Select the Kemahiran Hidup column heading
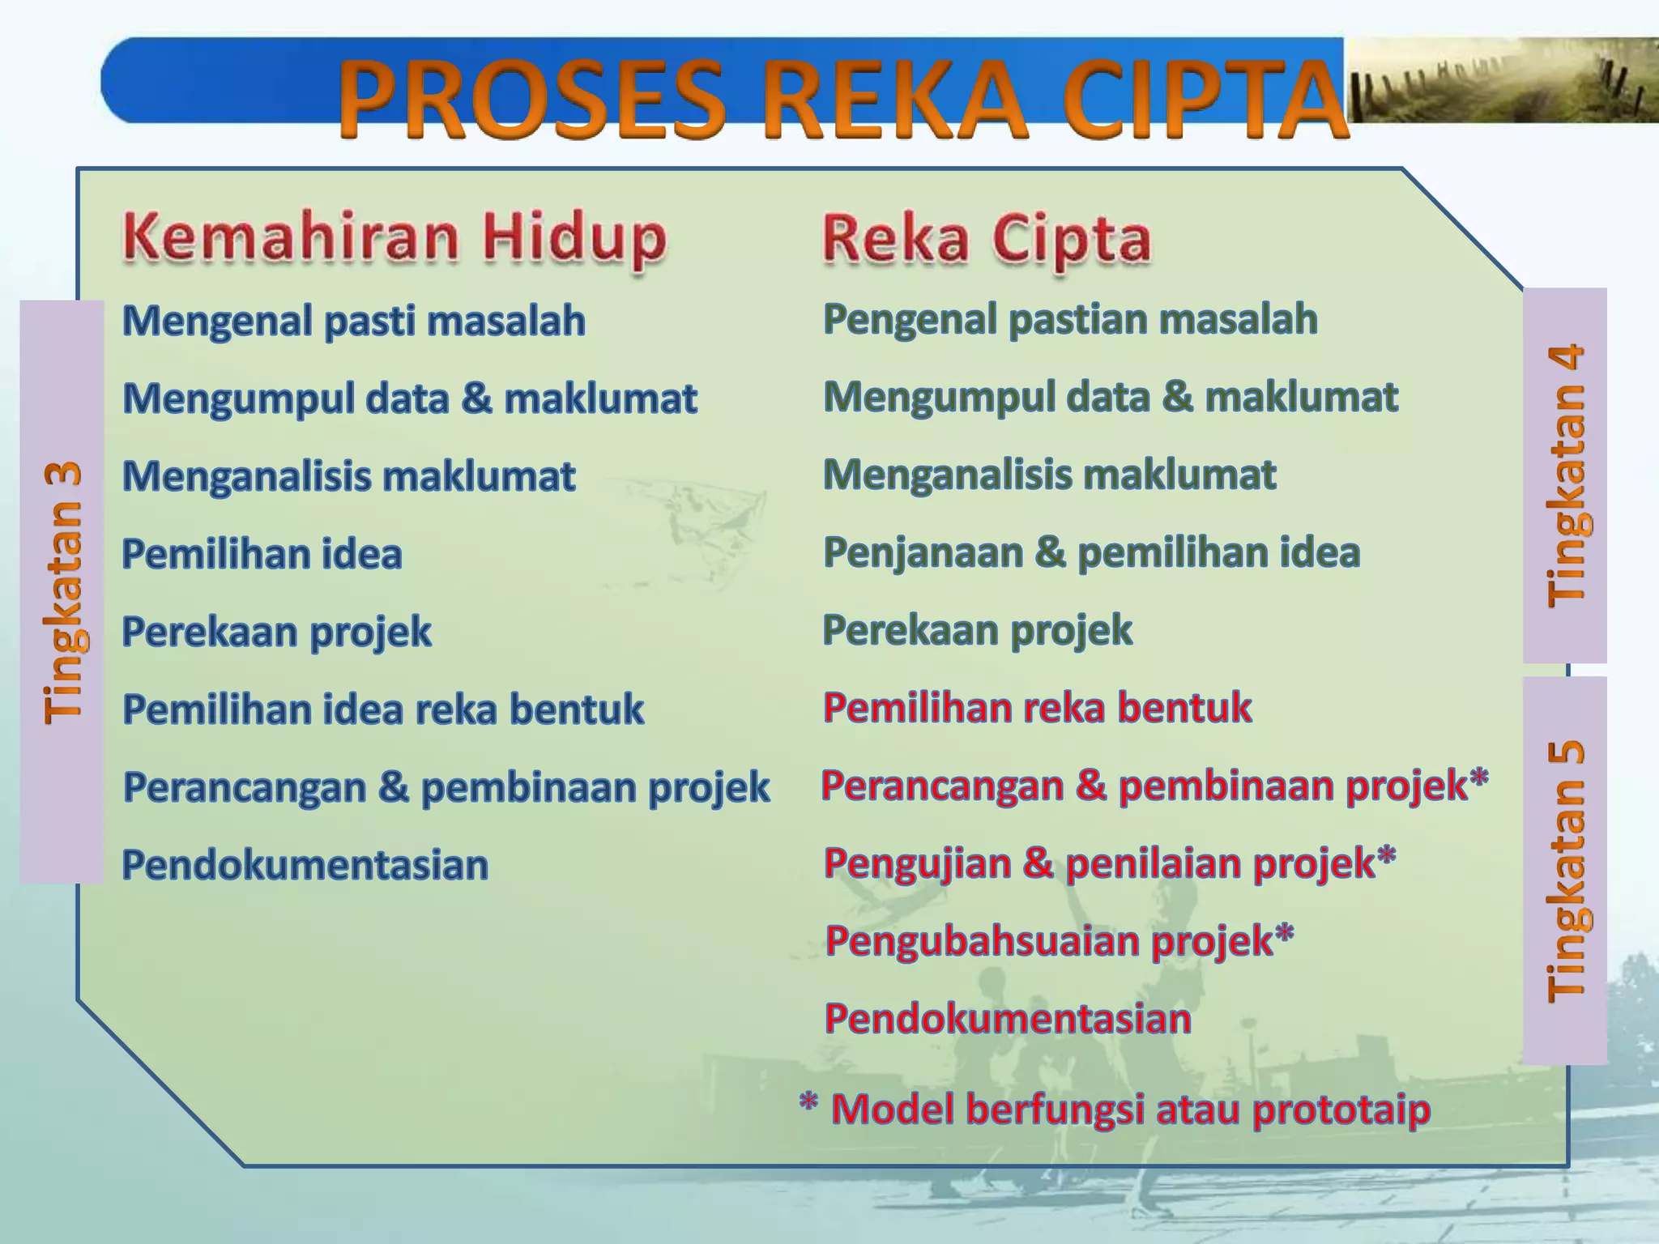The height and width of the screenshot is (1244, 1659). click(x=394, y=237)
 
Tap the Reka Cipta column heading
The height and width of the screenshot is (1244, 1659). click(x=987, y=239)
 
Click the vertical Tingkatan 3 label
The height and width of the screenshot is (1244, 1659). click(x=62, y=591)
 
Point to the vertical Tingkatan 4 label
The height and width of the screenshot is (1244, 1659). click(x=1565, y=475)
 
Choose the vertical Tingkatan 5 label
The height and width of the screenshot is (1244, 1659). click(x=1565, y=871)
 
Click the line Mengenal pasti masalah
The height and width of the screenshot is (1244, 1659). click(x=353, y=321)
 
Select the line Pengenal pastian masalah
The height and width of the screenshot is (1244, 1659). click(x=1070, y=319)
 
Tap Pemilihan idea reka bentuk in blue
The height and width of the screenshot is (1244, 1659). click(x=382, y=709)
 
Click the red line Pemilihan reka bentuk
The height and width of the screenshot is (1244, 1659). click(x=1037, y=708)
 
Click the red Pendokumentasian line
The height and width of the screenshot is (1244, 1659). click(x=1008, y=1019)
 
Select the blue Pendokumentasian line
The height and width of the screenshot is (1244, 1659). click(x=305, y=865)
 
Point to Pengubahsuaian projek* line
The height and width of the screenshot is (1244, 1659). click(x=1059, y=941)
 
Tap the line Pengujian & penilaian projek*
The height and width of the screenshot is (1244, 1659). click(x=1109, y=863)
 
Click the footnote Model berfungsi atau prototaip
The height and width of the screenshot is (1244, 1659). click(x=1130, y=1110)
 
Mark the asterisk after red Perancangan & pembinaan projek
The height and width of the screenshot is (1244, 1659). click(x=1479, y=779)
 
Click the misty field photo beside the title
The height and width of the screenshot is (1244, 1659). click(x=1501, y=80)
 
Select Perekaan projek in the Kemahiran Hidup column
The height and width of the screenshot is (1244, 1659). click(x=276, y=632)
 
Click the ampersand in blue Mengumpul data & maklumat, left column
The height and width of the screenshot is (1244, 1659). click(x=477, y=399)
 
